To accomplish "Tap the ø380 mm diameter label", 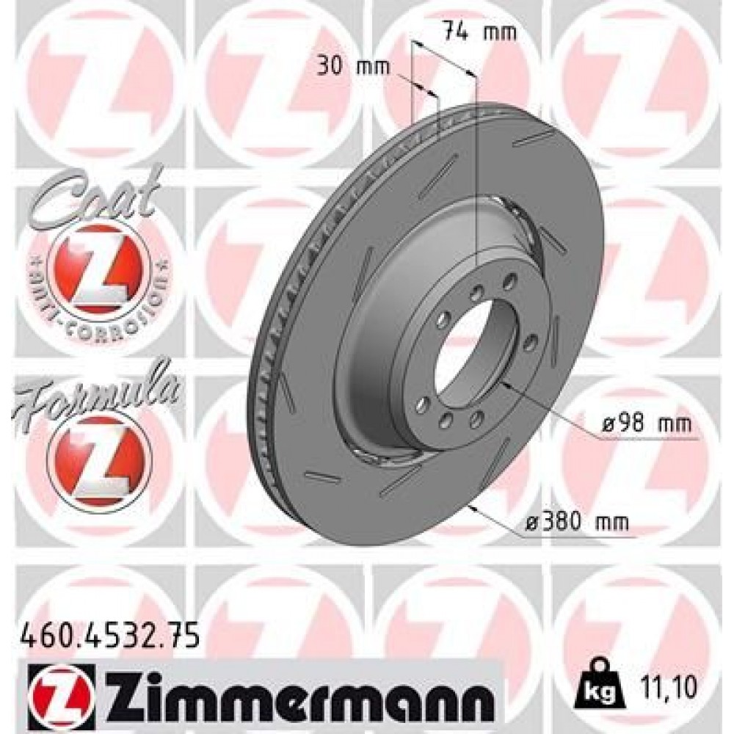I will pos(578,522).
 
